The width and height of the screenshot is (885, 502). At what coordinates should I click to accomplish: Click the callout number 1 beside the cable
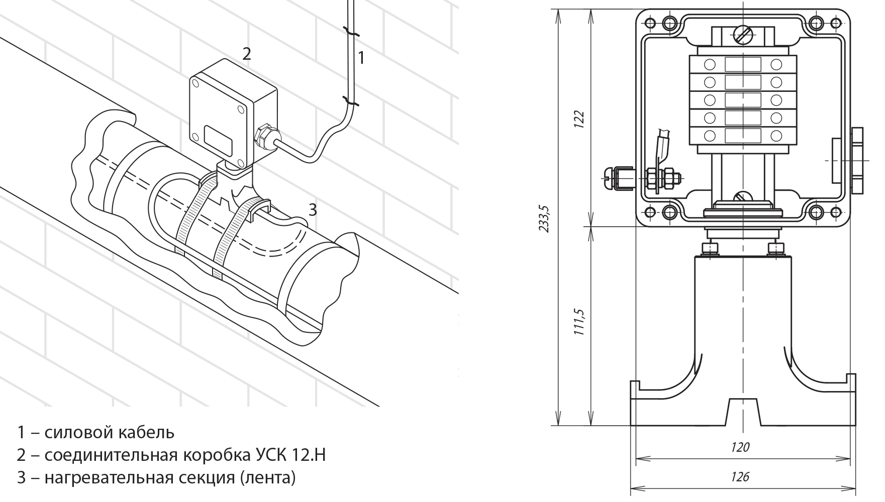click(361, 58)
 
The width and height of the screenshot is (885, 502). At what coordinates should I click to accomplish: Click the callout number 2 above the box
click(246, 53)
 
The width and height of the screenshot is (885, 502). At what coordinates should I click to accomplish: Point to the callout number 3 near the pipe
click(313, 210)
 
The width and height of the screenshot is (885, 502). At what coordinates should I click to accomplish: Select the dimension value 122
click(579, 119)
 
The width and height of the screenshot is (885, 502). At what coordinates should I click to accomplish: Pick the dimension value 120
click(741, 447)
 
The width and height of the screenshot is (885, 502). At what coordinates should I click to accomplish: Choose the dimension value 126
click(741, 476)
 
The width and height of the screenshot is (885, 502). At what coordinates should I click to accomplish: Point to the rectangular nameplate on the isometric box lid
click(218, 140)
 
